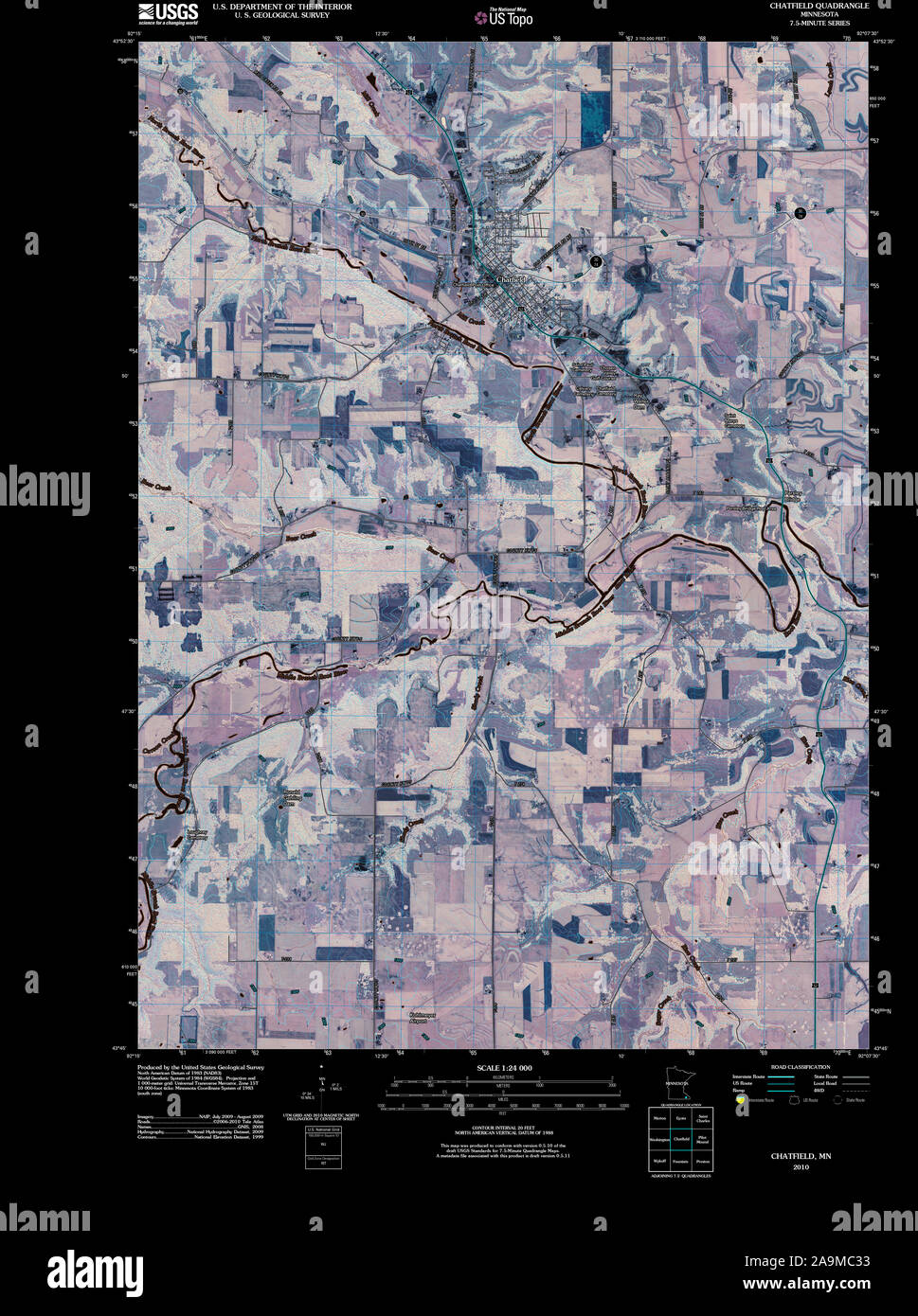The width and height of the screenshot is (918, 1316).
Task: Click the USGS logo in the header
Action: pos(168,12)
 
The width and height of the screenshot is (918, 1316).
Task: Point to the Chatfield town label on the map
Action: pos(511,280)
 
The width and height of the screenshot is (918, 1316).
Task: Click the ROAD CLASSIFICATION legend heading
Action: pos(801,1067)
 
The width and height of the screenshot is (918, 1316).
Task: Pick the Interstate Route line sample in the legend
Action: pos(781,1077)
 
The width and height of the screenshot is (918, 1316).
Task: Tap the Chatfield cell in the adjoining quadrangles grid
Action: pos(681,1139)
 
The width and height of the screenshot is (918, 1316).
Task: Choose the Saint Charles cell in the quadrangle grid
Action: pos(703,1118)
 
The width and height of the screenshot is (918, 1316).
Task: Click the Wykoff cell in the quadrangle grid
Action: pos(659,1160)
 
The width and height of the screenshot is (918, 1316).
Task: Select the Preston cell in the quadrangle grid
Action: pos(703,1160)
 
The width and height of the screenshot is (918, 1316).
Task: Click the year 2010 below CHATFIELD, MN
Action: pos(801,1167)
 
